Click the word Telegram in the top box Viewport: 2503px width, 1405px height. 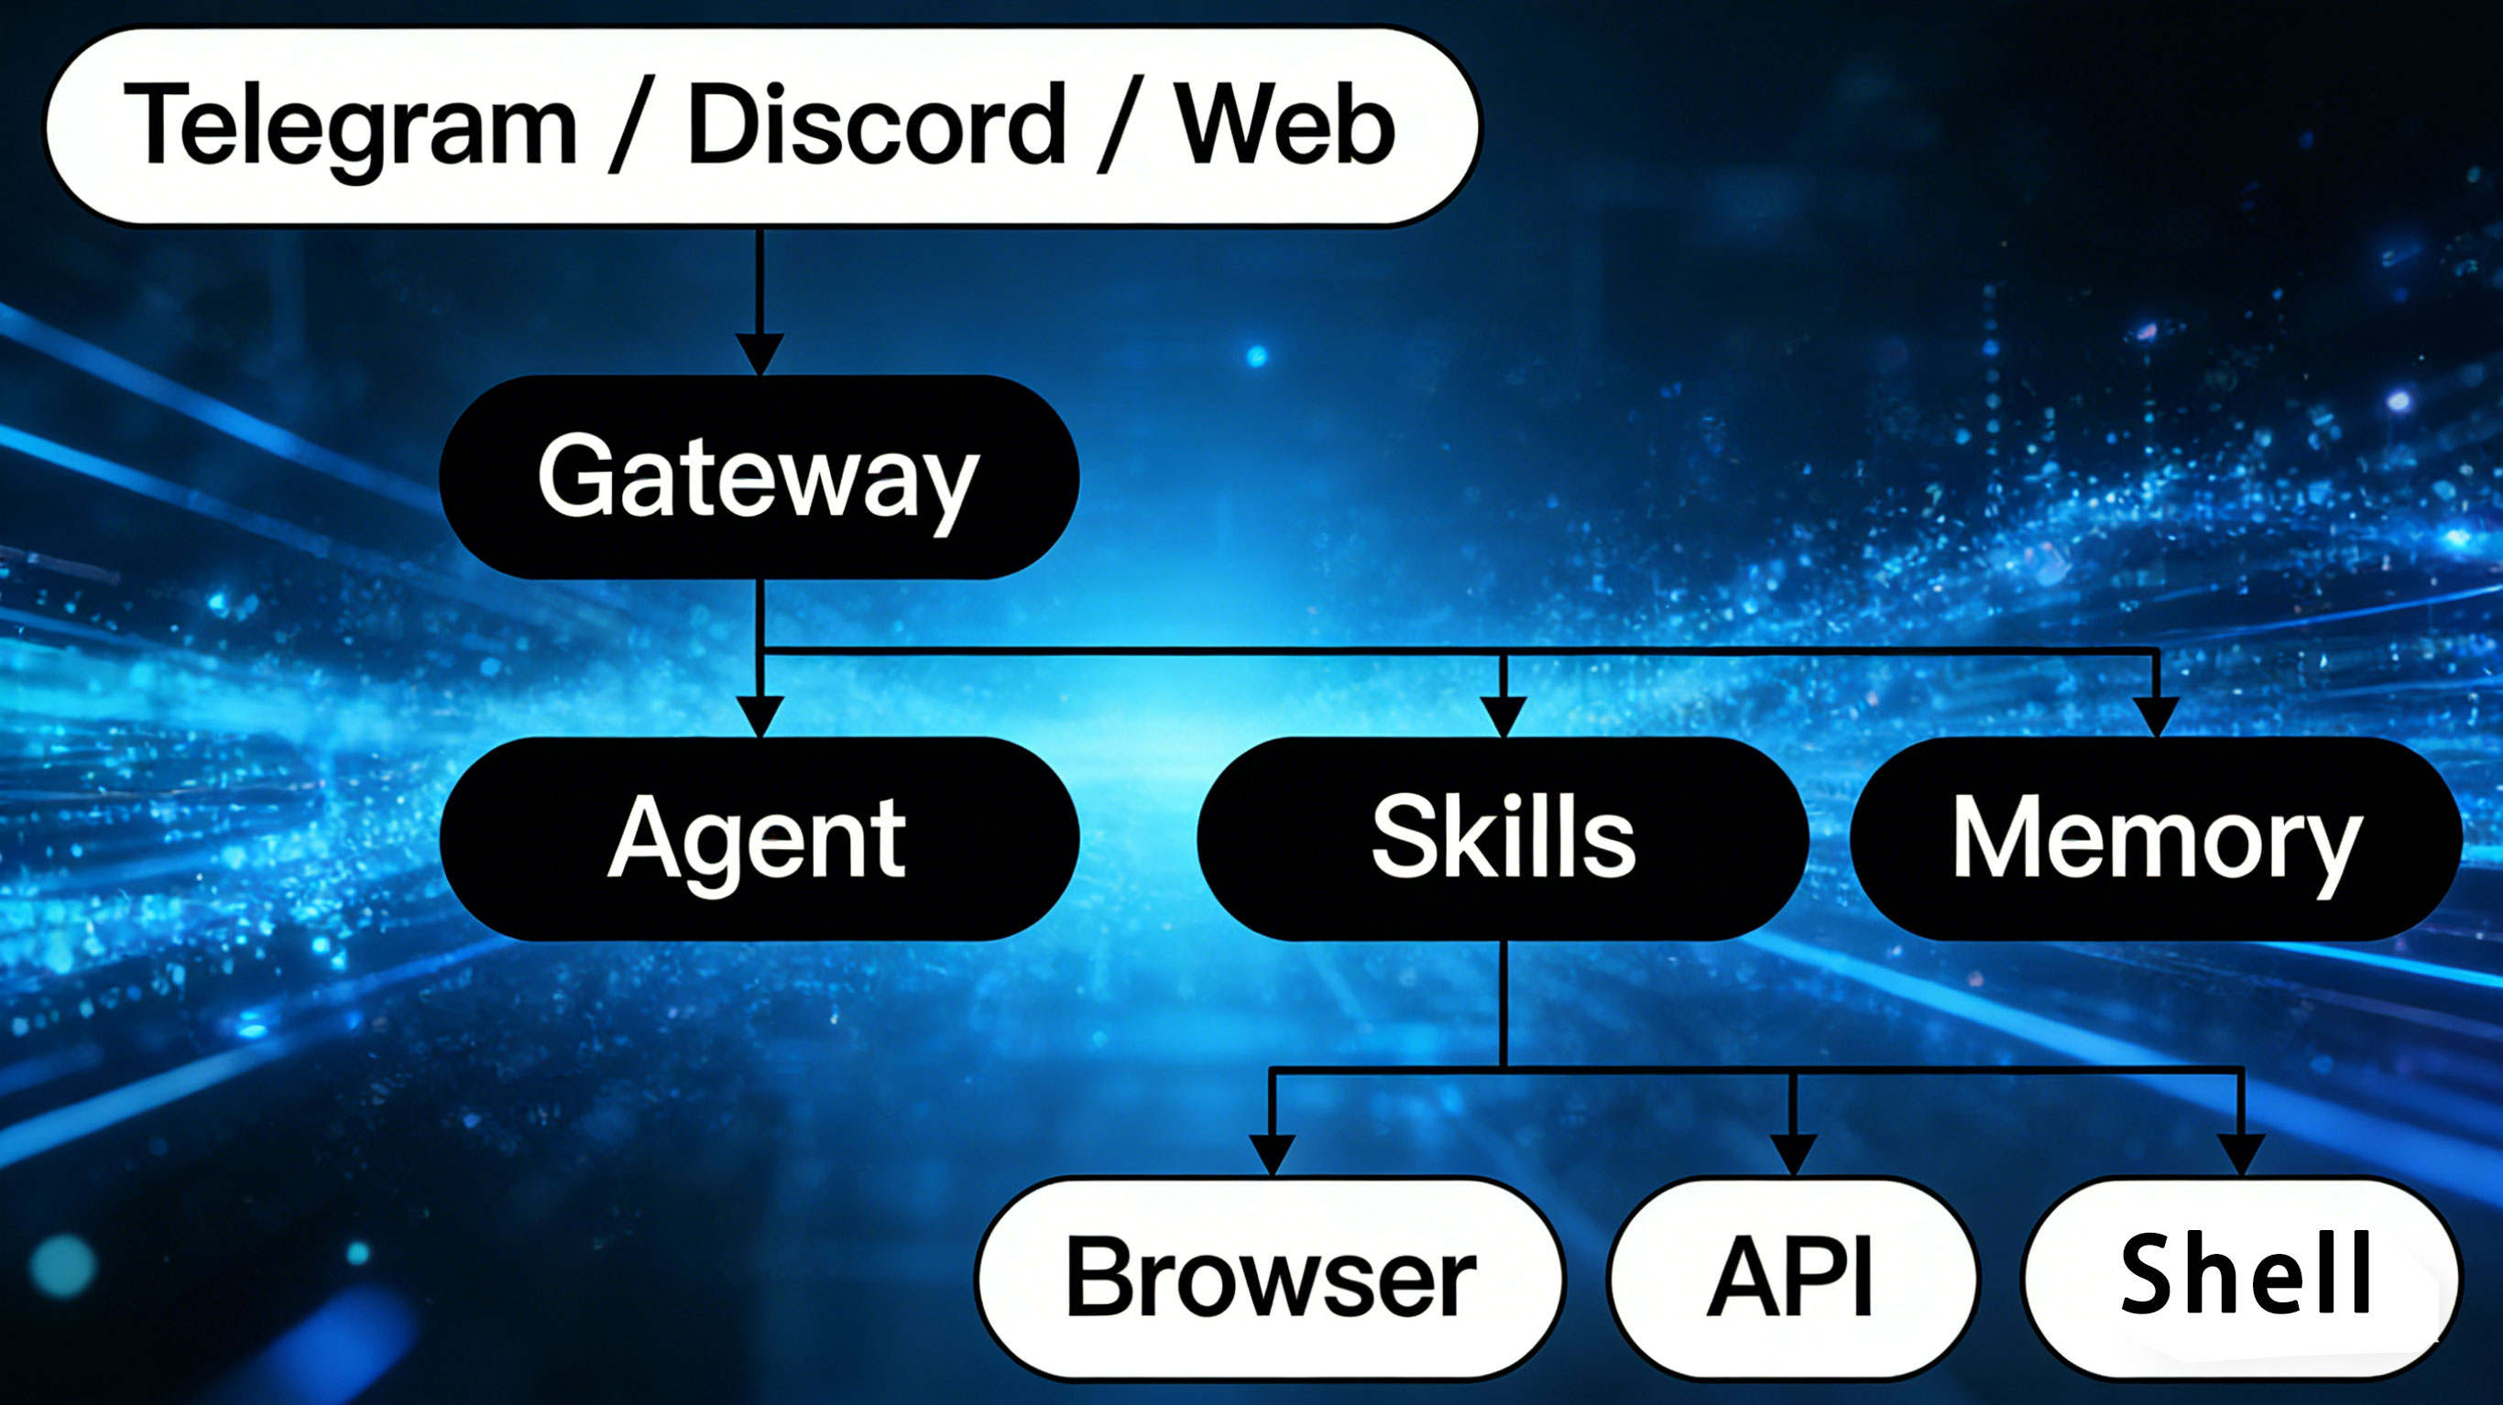click(350, 126)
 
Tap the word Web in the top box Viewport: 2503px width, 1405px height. click(1284, 126)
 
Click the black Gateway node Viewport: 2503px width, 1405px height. click(759, 477)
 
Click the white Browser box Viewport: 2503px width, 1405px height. click(1270, 1277)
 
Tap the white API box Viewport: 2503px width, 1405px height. click(1792, 1277)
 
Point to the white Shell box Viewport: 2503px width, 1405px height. click(2242, 1277)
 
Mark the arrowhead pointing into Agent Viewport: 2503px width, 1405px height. click(760, 716)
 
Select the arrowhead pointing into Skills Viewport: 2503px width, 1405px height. click(1503, 716)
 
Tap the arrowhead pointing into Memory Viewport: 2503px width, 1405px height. click(2157, 716)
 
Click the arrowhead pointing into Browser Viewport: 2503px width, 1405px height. click(1271, 1154)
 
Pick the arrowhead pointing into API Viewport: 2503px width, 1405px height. click(1794, 1154)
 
